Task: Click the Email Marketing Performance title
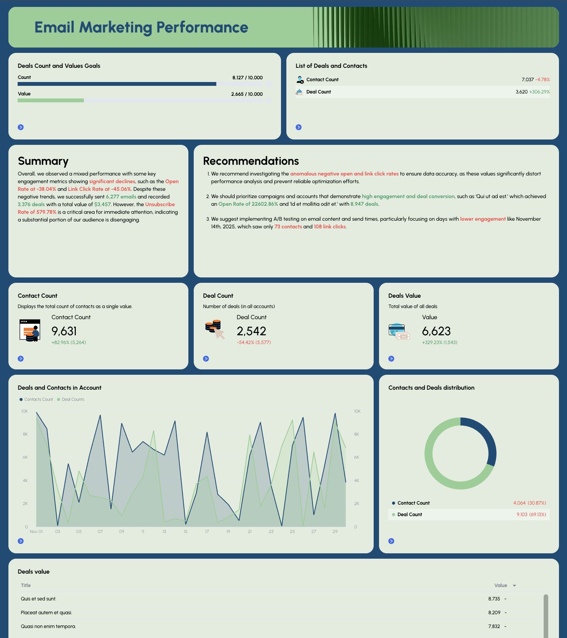(141, 28)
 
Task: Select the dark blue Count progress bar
(117, 84)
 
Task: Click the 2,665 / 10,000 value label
(247, 94)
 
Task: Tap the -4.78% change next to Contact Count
(542, 80)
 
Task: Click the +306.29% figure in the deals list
(539, 92)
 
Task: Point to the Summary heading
(43, 161)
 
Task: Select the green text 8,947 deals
(364, 204)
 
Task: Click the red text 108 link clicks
(330, 227)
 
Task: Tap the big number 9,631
(64, 331)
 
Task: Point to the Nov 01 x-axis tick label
(36, 531)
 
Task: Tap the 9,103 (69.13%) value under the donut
(531, 514)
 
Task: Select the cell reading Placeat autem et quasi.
(46, 612)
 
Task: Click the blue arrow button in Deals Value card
(391, 359)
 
